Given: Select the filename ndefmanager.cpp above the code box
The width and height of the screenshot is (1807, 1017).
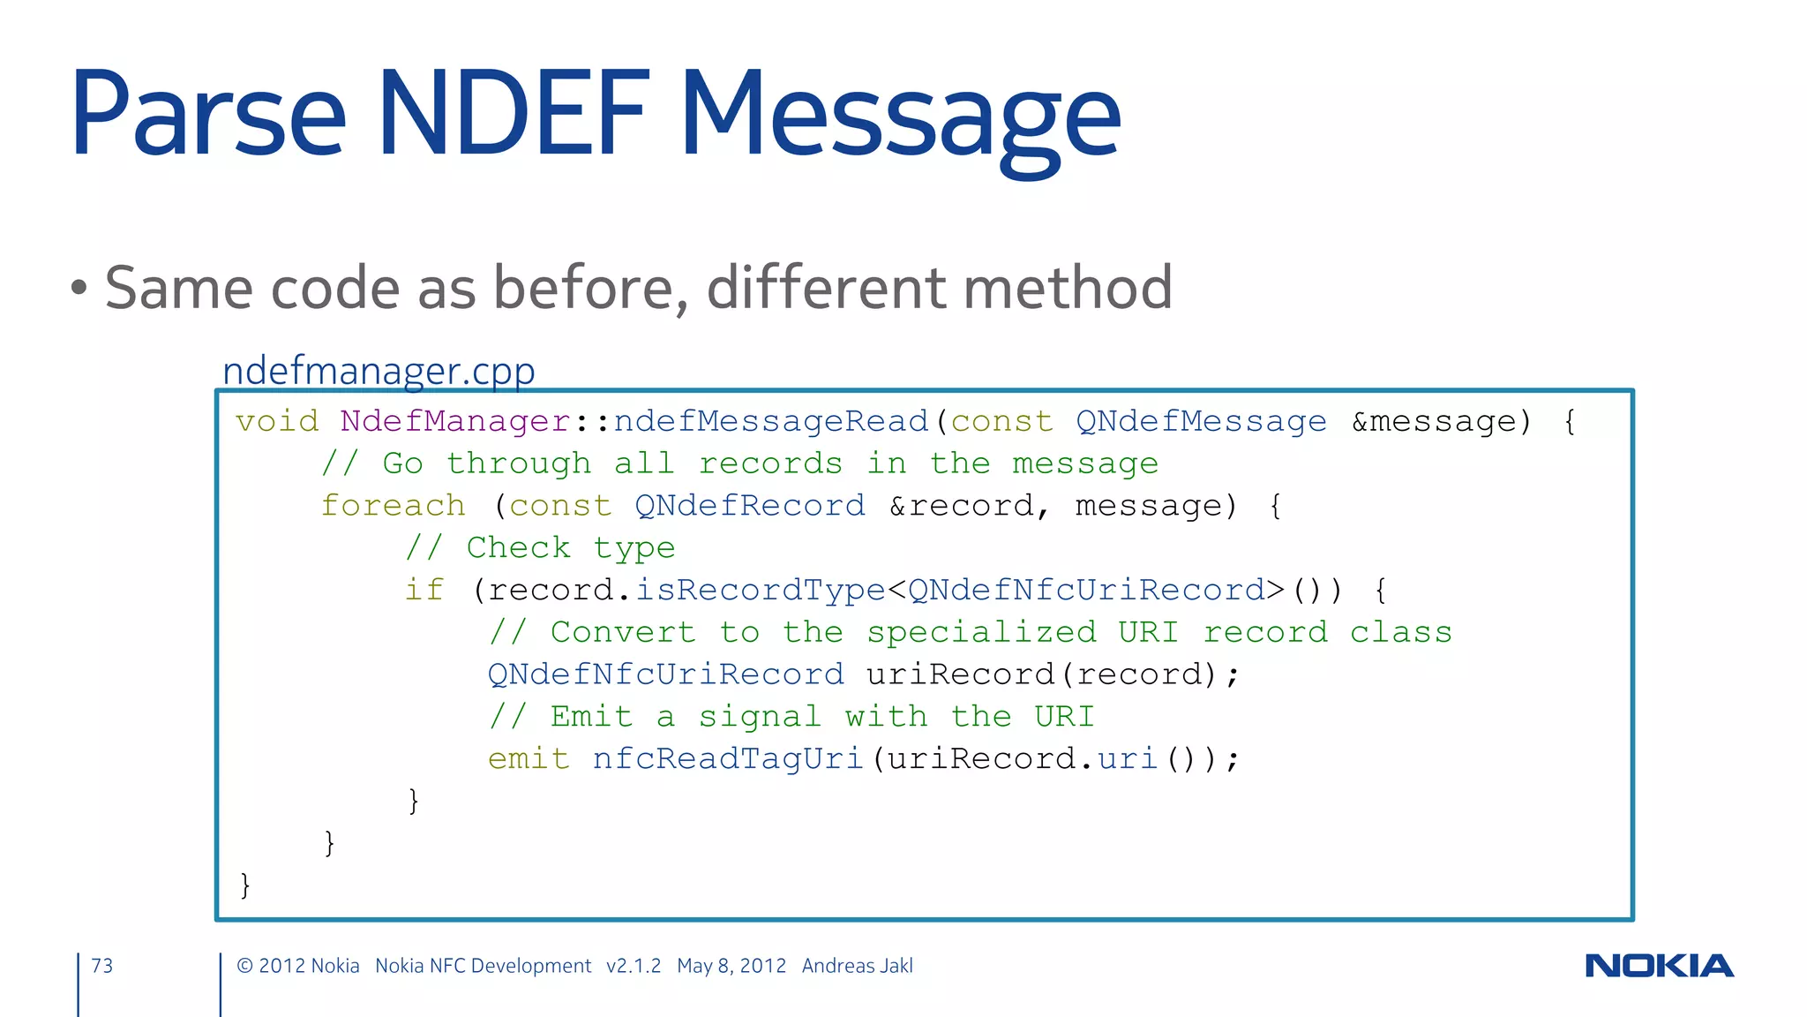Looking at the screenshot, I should [379, 371].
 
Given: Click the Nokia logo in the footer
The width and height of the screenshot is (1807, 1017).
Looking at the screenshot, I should [1659, 966].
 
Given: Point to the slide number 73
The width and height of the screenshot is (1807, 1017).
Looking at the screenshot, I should [102, 966].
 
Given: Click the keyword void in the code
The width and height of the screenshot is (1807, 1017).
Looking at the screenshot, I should [277, 421].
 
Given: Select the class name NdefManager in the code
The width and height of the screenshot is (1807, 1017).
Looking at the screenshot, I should [455, 421].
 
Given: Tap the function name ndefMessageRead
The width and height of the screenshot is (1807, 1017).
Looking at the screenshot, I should [771, 421].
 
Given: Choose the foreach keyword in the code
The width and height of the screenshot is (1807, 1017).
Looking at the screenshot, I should [393, 506].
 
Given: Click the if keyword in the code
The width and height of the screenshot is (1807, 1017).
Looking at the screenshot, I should [424, 590].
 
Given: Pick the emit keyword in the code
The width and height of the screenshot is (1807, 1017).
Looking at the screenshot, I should [529, 758].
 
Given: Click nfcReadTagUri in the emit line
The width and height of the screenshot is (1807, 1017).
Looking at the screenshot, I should [727, 758].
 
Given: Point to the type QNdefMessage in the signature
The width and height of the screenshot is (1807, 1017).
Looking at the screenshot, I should [1200, 421].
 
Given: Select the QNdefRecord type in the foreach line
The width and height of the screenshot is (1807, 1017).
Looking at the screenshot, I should [750, 506].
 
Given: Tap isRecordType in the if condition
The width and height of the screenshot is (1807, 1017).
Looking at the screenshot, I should [760, 590].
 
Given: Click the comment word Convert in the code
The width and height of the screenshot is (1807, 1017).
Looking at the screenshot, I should [623, 632].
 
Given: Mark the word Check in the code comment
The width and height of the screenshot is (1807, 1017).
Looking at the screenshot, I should [518, 547].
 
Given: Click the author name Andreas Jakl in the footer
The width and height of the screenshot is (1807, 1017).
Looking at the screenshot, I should [857, 966].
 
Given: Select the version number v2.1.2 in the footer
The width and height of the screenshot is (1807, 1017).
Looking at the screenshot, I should [634, 966].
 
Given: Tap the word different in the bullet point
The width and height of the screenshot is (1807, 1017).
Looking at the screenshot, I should [826, 288].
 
